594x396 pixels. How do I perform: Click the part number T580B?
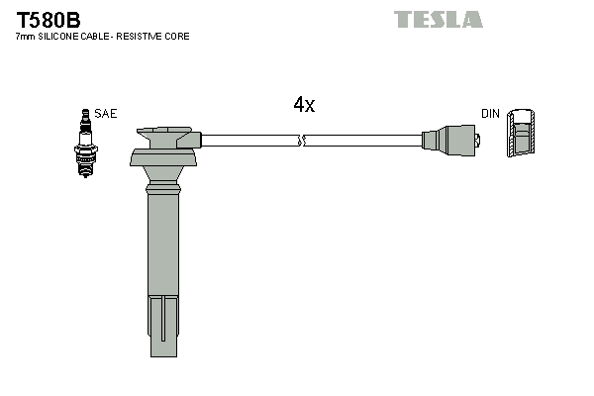[48, 19]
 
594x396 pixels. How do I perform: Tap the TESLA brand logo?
[438, 19]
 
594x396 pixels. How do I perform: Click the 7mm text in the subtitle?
[26, 37]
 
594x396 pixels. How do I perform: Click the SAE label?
[106, 114]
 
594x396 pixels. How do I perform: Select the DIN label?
[490, 114]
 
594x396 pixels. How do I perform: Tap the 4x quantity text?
[304, 105]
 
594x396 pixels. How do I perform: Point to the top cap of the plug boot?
[166, 135]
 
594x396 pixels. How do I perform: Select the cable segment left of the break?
[247, 142]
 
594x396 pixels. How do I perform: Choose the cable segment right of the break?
[361, 142]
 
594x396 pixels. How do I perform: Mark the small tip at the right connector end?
[479, 142]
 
